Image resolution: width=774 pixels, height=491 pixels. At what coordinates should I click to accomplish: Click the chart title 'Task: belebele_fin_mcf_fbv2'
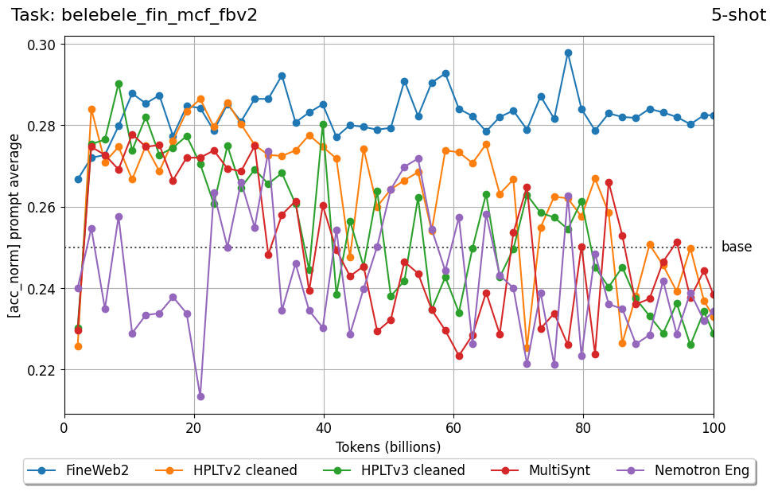pyautogui.click(x=134, y=14)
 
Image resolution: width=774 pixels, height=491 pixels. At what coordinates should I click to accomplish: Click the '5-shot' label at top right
pyautogui.click(x=738, y=14)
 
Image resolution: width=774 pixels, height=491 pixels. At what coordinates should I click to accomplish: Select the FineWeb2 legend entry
pyautogui.click(x=78, y=470)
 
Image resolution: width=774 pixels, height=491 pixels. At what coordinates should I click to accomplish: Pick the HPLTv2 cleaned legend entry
pyautogui.click(x=228, y=470)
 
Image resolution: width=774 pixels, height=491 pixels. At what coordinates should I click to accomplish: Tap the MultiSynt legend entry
pyautogui.click(x=543, y=470)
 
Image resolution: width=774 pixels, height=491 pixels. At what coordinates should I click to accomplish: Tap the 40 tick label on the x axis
pyautogui.click(x=324, y=428)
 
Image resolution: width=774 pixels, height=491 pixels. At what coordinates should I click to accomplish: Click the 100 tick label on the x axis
pyautogui.click(x=713, y=428)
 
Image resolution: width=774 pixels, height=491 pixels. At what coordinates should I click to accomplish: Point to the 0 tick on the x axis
pyautogui.click(x=64, y=428)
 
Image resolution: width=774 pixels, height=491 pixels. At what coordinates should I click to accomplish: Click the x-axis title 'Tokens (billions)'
pyautogui.click(x=388, y=447)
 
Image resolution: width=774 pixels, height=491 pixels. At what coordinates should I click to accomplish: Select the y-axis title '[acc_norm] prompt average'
pyautogui.click(x=14, y=225)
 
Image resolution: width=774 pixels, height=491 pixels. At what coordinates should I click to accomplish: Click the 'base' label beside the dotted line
pyautogui.click(x=736, y=247)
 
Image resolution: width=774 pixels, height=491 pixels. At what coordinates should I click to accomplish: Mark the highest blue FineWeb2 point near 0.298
pyautogui.click(x=568, y=53)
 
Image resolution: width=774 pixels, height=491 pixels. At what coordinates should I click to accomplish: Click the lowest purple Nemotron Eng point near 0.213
pyautogui.click(x=200, y=396)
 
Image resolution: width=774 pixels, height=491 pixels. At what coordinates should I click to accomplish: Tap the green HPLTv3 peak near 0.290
pyautogui.click(x=119, y=84)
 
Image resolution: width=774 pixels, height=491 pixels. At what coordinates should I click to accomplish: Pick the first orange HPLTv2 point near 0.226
pyautogui.click(x=78, y=346)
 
